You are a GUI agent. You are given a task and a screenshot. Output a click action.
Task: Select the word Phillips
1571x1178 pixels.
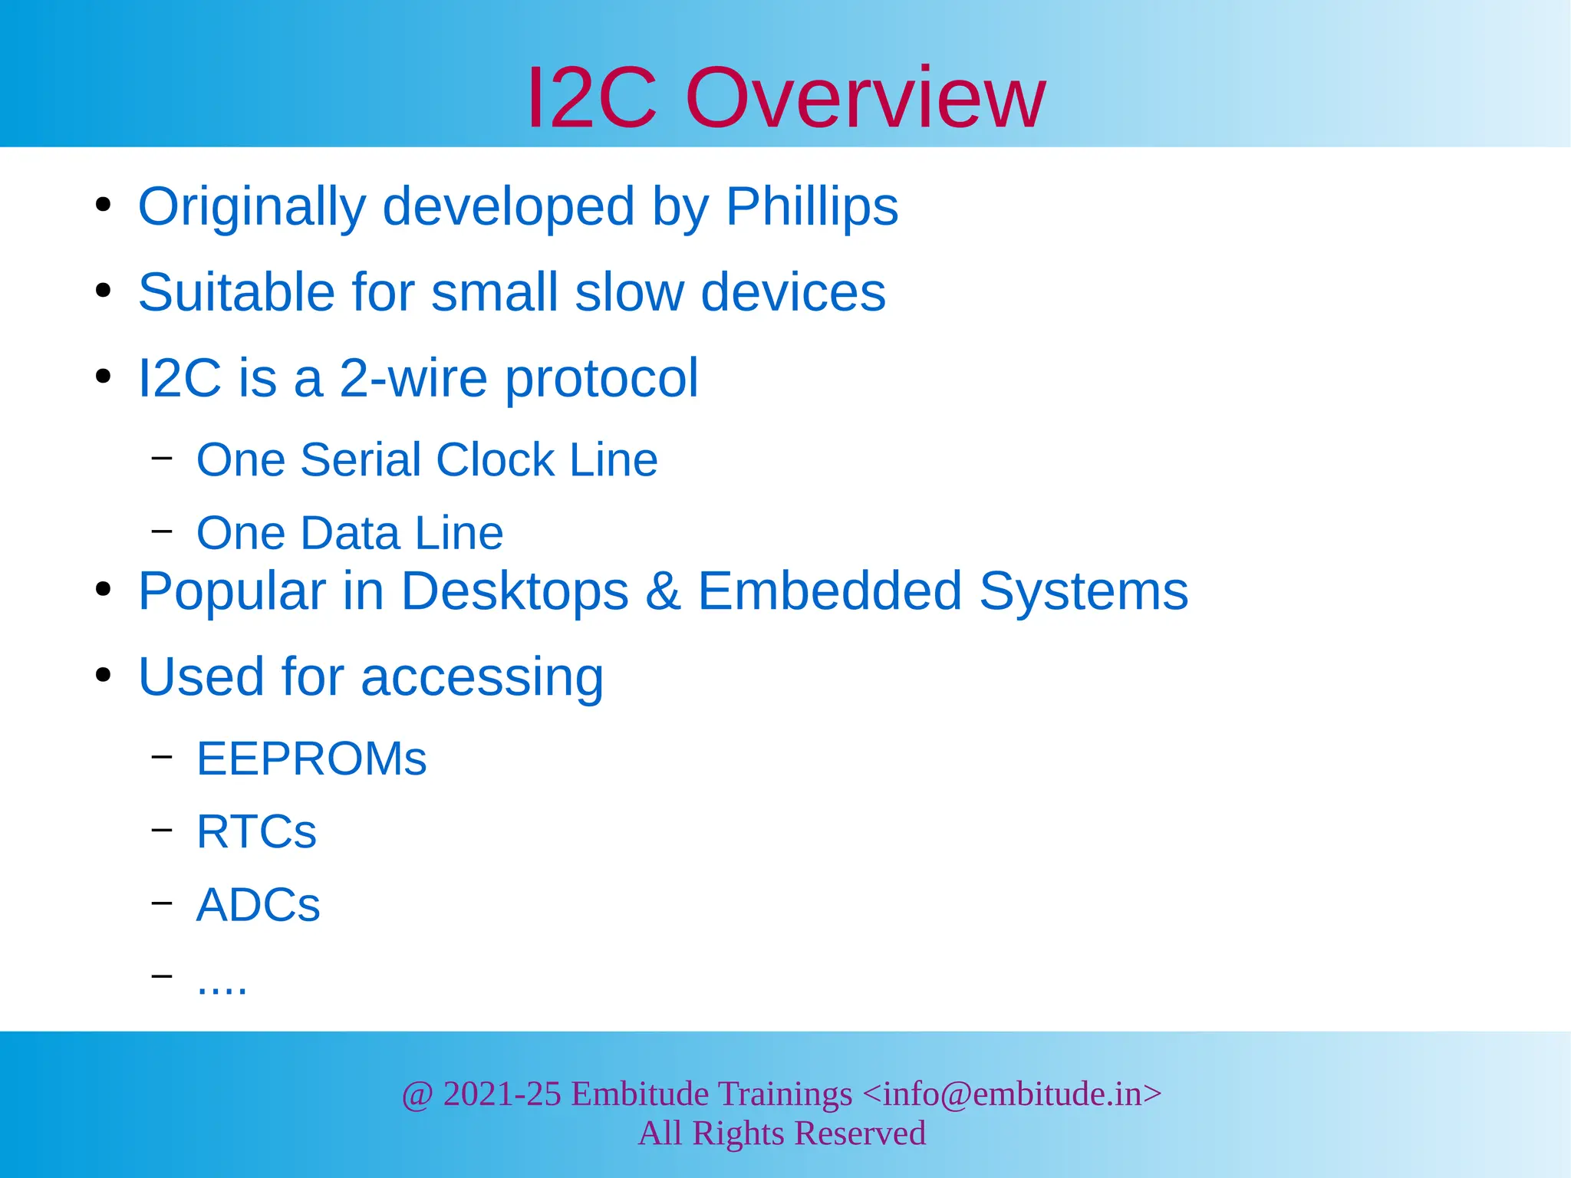point(812,206)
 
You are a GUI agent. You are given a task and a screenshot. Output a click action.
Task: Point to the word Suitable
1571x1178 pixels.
point(236,292)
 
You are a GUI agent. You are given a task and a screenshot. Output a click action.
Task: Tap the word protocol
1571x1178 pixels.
point(601,379)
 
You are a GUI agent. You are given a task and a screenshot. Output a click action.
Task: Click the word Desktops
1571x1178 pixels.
point(515,591)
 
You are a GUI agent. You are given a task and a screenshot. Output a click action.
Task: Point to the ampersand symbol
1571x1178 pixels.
point(663,591)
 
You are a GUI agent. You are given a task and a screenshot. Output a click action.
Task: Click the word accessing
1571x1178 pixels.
point(482,678)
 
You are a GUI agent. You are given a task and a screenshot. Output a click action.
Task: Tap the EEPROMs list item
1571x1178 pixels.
point(311,758)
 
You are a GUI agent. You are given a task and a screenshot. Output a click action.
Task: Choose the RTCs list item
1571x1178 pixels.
point(256,831)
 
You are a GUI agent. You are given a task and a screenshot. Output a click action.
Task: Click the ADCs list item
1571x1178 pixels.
point(258,905)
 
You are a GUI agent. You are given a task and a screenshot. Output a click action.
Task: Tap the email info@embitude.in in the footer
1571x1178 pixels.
point(1012,1094)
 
